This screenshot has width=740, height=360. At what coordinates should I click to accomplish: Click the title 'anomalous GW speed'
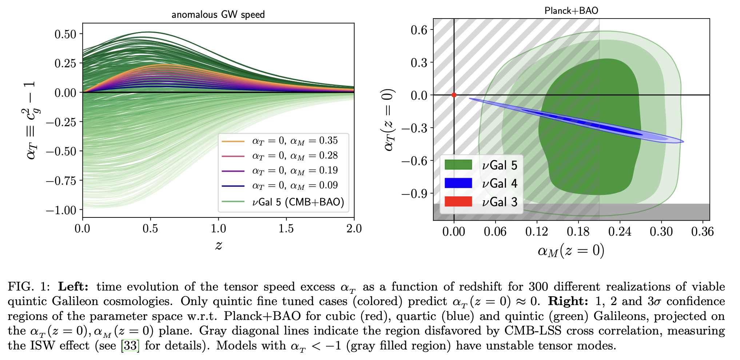pyautogui.click(x=218, y=15)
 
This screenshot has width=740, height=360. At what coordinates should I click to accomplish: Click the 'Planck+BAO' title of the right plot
pyautogui.click(x=571, y=11)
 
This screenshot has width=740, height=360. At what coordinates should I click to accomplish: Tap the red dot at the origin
pyautogui.click(x=454, y=95)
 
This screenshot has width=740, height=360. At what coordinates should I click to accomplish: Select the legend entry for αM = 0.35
pyautogui.click(x=295, y=141)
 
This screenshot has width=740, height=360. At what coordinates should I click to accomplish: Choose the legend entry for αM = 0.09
pyautogui.click(x=295, y=185)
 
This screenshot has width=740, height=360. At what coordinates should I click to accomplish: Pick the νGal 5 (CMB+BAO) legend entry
pyautogui.click(x=298, y=202)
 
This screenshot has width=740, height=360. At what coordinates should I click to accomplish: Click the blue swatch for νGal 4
pyautogui.click(x=458, y=183)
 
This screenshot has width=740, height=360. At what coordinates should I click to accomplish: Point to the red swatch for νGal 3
pyautogui.click(x=458, y=201)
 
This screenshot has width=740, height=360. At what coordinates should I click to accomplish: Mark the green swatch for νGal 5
pyautogui.click(x=458, y=165)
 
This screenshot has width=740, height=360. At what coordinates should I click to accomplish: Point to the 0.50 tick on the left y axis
pyautogui.click(x=65, y=34)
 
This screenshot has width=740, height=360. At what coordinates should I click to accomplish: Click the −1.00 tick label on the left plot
pyautogui.click(x=61, y=210)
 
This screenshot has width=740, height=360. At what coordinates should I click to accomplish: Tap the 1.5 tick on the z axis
pyautogui.click(x=286, y=229)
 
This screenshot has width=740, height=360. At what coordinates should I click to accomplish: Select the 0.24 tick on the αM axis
pyautogui.click(x=620, y=232)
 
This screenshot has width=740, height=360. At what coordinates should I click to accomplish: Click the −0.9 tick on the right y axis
pyautogui.click(x=414, y=193)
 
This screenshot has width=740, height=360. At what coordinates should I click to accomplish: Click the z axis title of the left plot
pyautogui.click(x=218, y=245)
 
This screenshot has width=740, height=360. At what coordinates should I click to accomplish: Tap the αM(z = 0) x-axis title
pyautogui.click(x=571, y=251)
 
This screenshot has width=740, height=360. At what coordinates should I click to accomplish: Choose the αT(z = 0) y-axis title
pyautogui.click(x=389, y=120)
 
